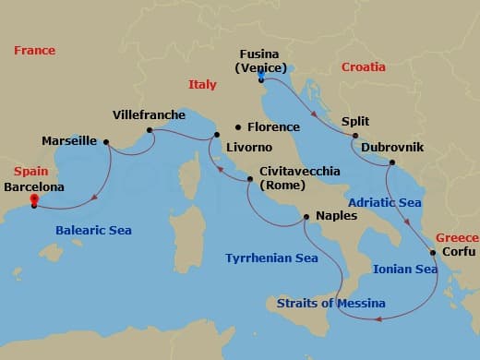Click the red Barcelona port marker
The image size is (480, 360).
34,198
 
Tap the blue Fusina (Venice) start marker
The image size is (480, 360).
261,79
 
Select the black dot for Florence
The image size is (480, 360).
238,126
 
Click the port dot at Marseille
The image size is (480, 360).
106,141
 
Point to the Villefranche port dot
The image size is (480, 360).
150,130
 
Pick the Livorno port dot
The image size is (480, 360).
216,137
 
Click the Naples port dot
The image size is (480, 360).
306,217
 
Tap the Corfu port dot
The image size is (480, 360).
432,251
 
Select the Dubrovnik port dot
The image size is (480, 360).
391,163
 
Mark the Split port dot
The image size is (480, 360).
355,136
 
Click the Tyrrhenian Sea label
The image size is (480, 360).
271,258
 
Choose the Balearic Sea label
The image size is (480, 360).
92,231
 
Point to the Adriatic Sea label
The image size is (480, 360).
384,201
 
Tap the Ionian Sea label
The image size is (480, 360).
405,270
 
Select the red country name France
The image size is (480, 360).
34,51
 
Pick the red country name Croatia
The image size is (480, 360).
366,67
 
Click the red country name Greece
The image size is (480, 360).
457,236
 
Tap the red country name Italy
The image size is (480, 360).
202,84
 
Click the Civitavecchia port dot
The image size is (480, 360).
249,179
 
